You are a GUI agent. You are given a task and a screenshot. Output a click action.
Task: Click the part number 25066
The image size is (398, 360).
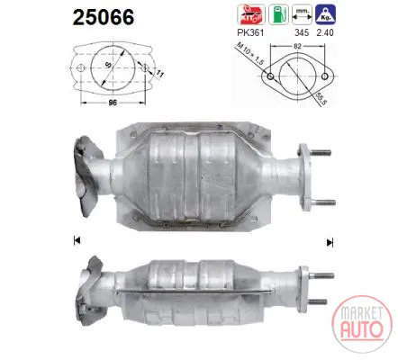104,17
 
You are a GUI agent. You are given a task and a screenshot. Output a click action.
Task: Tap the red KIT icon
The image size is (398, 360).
251,14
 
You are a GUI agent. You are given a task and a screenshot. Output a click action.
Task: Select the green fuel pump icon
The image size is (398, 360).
278,14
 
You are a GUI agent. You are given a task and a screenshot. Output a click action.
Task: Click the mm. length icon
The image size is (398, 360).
302,14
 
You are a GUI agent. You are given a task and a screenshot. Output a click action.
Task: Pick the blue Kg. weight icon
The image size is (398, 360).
325,14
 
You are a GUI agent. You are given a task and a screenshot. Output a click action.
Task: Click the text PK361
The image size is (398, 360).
250,32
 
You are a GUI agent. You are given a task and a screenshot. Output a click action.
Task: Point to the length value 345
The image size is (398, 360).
302,32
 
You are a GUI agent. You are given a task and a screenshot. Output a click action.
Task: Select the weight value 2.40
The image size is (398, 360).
325,32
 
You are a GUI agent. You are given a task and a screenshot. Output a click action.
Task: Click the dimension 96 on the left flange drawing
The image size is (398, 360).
113,103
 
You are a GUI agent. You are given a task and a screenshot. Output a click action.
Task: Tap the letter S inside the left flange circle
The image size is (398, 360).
109,64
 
